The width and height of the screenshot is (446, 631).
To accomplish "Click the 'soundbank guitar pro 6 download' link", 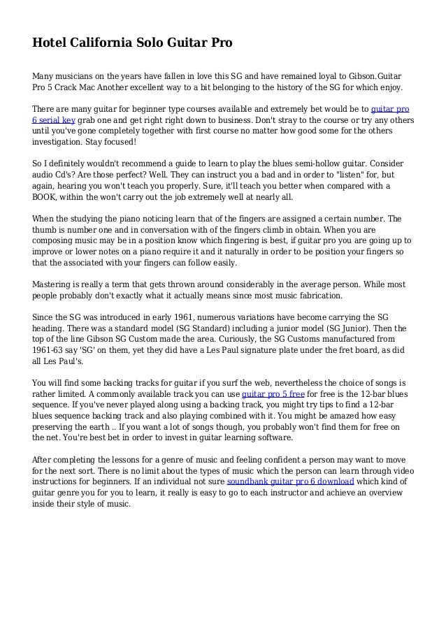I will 291,481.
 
